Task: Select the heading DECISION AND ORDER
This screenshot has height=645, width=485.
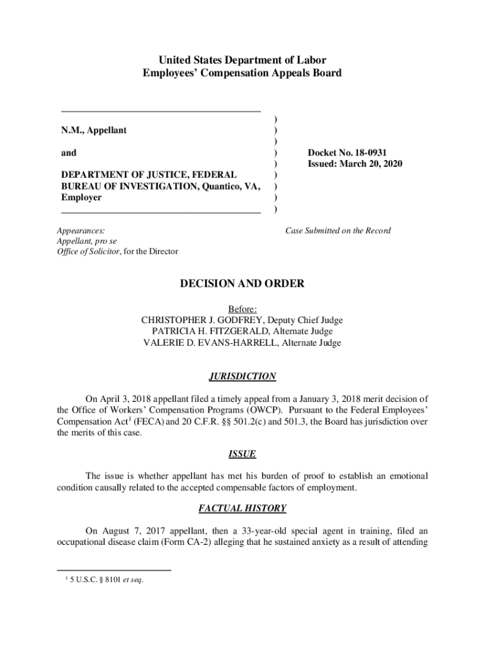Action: click(243, 284)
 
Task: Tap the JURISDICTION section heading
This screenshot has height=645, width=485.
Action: click(243, 377)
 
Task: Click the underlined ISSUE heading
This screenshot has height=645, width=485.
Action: click(243, 454)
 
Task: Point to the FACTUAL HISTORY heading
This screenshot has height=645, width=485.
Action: click(243, 508)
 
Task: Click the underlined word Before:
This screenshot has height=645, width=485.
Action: click(243, 309)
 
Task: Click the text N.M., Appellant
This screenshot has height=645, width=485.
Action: click(94, 130)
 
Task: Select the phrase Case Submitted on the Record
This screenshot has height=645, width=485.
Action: click(338, 231)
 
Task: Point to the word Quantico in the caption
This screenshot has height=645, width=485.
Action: click(222, 186)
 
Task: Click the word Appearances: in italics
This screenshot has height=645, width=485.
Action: click(81, 231)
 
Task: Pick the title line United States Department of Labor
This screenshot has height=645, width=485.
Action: click(243, 60)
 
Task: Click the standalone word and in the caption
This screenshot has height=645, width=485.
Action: click(69, 153)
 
